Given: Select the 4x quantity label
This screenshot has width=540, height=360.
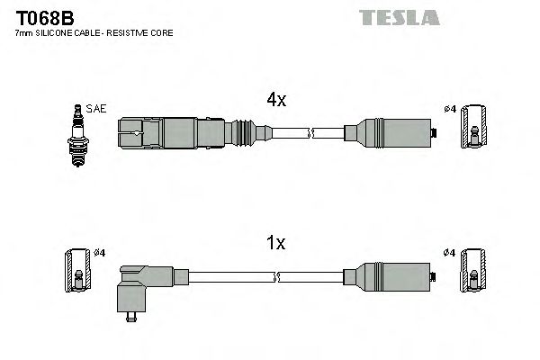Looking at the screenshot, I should (274, 101).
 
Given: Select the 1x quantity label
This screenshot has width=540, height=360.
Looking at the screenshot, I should (274, 243).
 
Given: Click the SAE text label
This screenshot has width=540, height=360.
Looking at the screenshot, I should (97, 109).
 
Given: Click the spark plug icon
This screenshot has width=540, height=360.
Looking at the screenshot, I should (77, 134).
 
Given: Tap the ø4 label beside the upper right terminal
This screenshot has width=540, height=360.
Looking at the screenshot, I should (450, 110).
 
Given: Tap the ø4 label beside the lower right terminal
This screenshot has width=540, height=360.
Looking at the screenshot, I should (450, 252).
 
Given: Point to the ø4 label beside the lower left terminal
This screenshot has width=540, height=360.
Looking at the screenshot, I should (101, 252).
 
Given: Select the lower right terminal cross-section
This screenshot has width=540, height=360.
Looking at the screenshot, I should (474, 274).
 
